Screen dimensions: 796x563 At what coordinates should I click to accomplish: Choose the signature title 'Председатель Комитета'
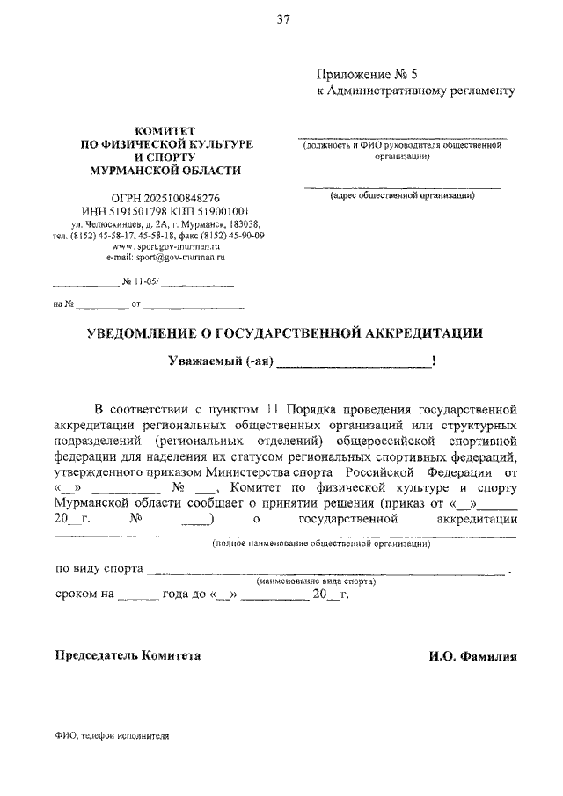(x=128, y=655)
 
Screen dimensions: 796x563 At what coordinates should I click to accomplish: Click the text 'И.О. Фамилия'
(x=471, y=656)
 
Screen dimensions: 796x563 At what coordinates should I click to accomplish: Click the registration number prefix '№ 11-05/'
(x=140, y=285)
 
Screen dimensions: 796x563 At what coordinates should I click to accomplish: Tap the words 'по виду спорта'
(x=97, y=569)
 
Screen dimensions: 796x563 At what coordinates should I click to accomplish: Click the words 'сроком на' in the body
(x=84, y=595)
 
